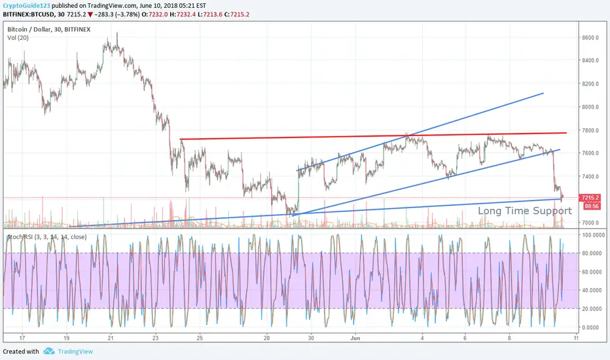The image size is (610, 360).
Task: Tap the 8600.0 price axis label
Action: click(591, 38)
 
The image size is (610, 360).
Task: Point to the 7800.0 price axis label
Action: click(591, 130)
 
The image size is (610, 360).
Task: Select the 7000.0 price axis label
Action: click(591, 223)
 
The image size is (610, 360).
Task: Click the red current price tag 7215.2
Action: click(591, 196)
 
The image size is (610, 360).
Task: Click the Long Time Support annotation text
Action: click(525, 211)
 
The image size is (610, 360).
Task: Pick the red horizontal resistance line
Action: click(367, 135)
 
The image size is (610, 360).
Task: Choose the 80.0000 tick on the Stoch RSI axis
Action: click(592, 253)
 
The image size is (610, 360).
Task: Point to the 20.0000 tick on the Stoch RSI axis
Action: click(592, 308)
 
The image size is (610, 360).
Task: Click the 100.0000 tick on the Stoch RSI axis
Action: click(592, 234)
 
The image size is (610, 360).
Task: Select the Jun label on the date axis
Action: click(354, 338)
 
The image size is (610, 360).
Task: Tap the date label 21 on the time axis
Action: click(111, 338)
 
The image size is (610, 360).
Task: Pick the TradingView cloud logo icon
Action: click(48, 351)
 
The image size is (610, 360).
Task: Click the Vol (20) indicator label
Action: click(18, 39)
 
